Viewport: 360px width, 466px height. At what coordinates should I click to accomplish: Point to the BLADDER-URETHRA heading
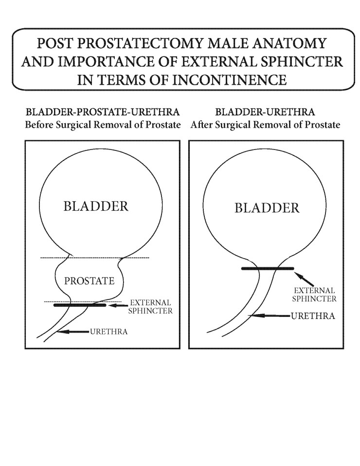pyautogui.click(x=265, y=114)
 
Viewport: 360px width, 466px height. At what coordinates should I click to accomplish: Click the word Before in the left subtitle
pyautogui.click(x=39, y=125)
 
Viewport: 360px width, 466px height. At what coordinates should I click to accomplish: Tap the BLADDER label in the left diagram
pyautogui.click(x=96, y=206)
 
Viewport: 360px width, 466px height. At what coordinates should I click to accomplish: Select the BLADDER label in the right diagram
pyautogui.click(x=267, y=208)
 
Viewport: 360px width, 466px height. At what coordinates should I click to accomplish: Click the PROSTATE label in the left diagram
pyautogui.click(x=89, y=281)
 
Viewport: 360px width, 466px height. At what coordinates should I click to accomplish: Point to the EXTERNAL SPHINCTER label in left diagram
pyautogui.click(x=150, y=306)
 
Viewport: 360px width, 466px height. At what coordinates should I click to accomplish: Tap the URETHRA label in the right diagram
pyautogui.click(x=313, y=316)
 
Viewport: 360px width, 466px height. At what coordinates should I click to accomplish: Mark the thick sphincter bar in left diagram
pyautogui.click(x=80, y=305)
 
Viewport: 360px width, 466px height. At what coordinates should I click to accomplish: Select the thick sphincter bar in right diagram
pyautogui.click(x=267, y=268)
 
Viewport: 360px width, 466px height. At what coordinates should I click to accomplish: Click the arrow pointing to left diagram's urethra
pyautogui.click(x=73, y=332)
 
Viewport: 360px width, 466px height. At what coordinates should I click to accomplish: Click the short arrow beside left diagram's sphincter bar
pyautogui.click(x=118, y=306)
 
